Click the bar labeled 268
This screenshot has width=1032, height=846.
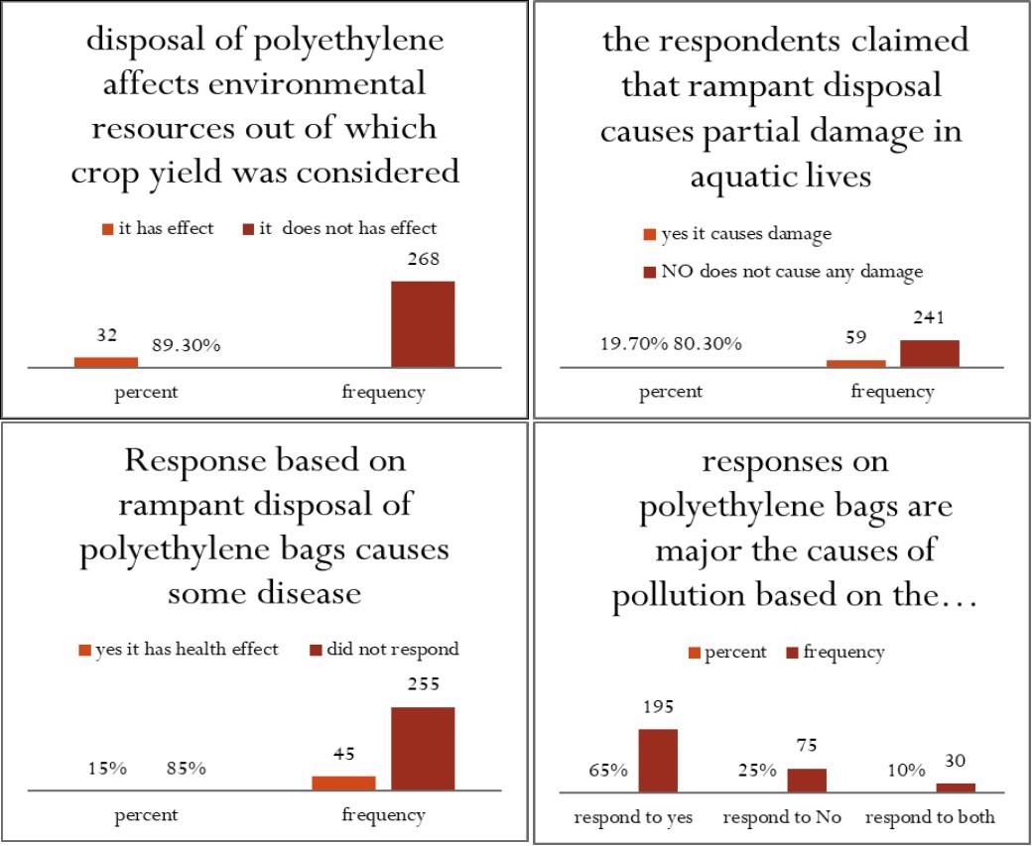point(423,324)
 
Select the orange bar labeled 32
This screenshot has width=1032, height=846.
point(106,362)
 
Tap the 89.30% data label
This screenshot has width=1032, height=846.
point(186,345)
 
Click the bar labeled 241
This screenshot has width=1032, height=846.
point(930,354)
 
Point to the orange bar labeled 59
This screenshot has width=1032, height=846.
point(856,364)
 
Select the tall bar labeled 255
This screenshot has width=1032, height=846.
point(423,749)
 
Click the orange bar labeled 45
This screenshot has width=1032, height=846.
point(343,784)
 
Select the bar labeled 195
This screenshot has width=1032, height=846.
point(658,761)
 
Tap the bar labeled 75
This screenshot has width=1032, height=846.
point(807,781)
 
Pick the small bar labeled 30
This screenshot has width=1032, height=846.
point(956,787)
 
